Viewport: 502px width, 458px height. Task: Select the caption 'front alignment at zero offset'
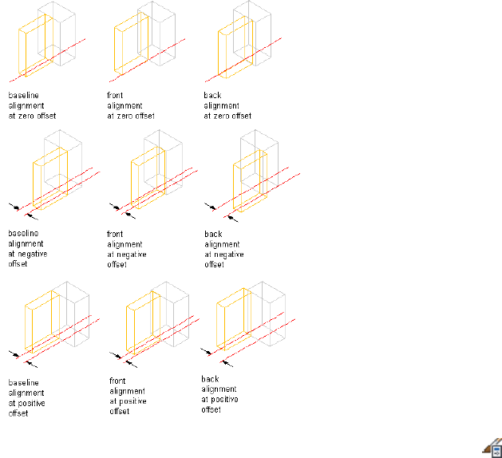131,105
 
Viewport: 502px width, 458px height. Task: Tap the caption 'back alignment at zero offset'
227,105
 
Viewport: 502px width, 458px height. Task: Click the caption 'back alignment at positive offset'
219,394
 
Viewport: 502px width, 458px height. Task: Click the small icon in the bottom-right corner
490,446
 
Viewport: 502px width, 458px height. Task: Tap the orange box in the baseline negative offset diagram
51,178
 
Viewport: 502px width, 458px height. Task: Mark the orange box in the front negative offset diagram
147,176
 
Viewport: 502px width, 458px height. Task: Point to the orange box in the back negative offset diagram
247,182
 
